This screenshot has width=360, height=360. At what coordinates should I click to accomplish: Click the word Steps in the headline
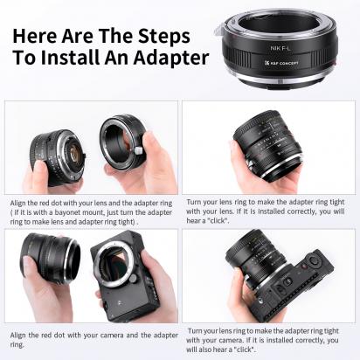(164, 36)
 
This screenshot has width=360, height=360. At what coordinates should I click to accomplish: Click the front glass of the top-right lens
(261, 140)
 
